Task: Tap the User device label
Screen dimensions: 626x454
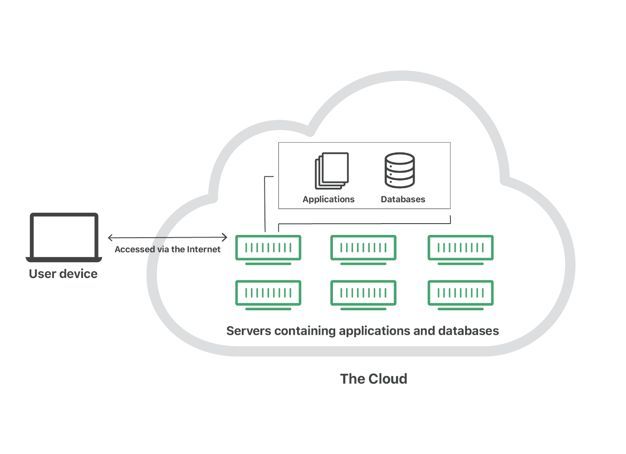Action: (x=63, y=274)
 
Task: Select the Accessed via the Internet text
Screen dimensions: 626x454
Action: (x=167, y=249)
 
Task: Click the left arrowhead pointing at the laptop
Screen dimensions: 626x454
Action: (x=110, y=238)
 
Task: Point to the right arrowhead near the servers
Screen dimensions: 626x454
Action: (x=225, y=238)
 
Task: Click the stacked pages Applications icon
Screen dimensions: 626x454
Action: (x=332, y=171)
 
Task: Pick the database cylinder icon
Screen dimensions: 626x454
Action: (x=400, y=170)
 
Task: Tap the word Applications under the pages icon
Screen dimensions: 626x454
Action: (x=328, y=200)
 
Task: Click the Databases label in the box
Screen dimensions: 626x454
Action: (x=403, y=199)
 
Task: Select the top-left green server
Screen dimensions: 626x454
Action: (x=268, y=250)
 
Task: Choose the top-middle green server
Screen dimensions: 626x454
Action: (x=363, y=250)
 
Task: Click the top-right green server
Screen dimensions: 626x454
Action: (x=460, y=250)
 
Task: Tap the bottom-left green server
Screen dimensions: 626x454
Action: (x=268, y=295)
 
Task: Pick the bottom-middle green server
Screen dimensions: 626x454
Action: (x=363, y=295)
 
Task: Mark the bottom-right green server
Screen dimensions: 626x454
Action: (x=460, y=295)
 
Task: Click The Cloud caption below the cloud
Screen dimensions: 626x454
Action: (x=374, y=379)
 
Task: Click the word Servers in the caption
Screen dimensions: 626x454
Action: (x=249, y=331)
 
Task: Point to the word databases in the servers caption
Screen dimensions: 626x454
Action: (x=469, y=331)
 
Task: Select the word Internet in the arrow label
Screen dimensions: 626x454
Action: (x=204, y=249)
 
